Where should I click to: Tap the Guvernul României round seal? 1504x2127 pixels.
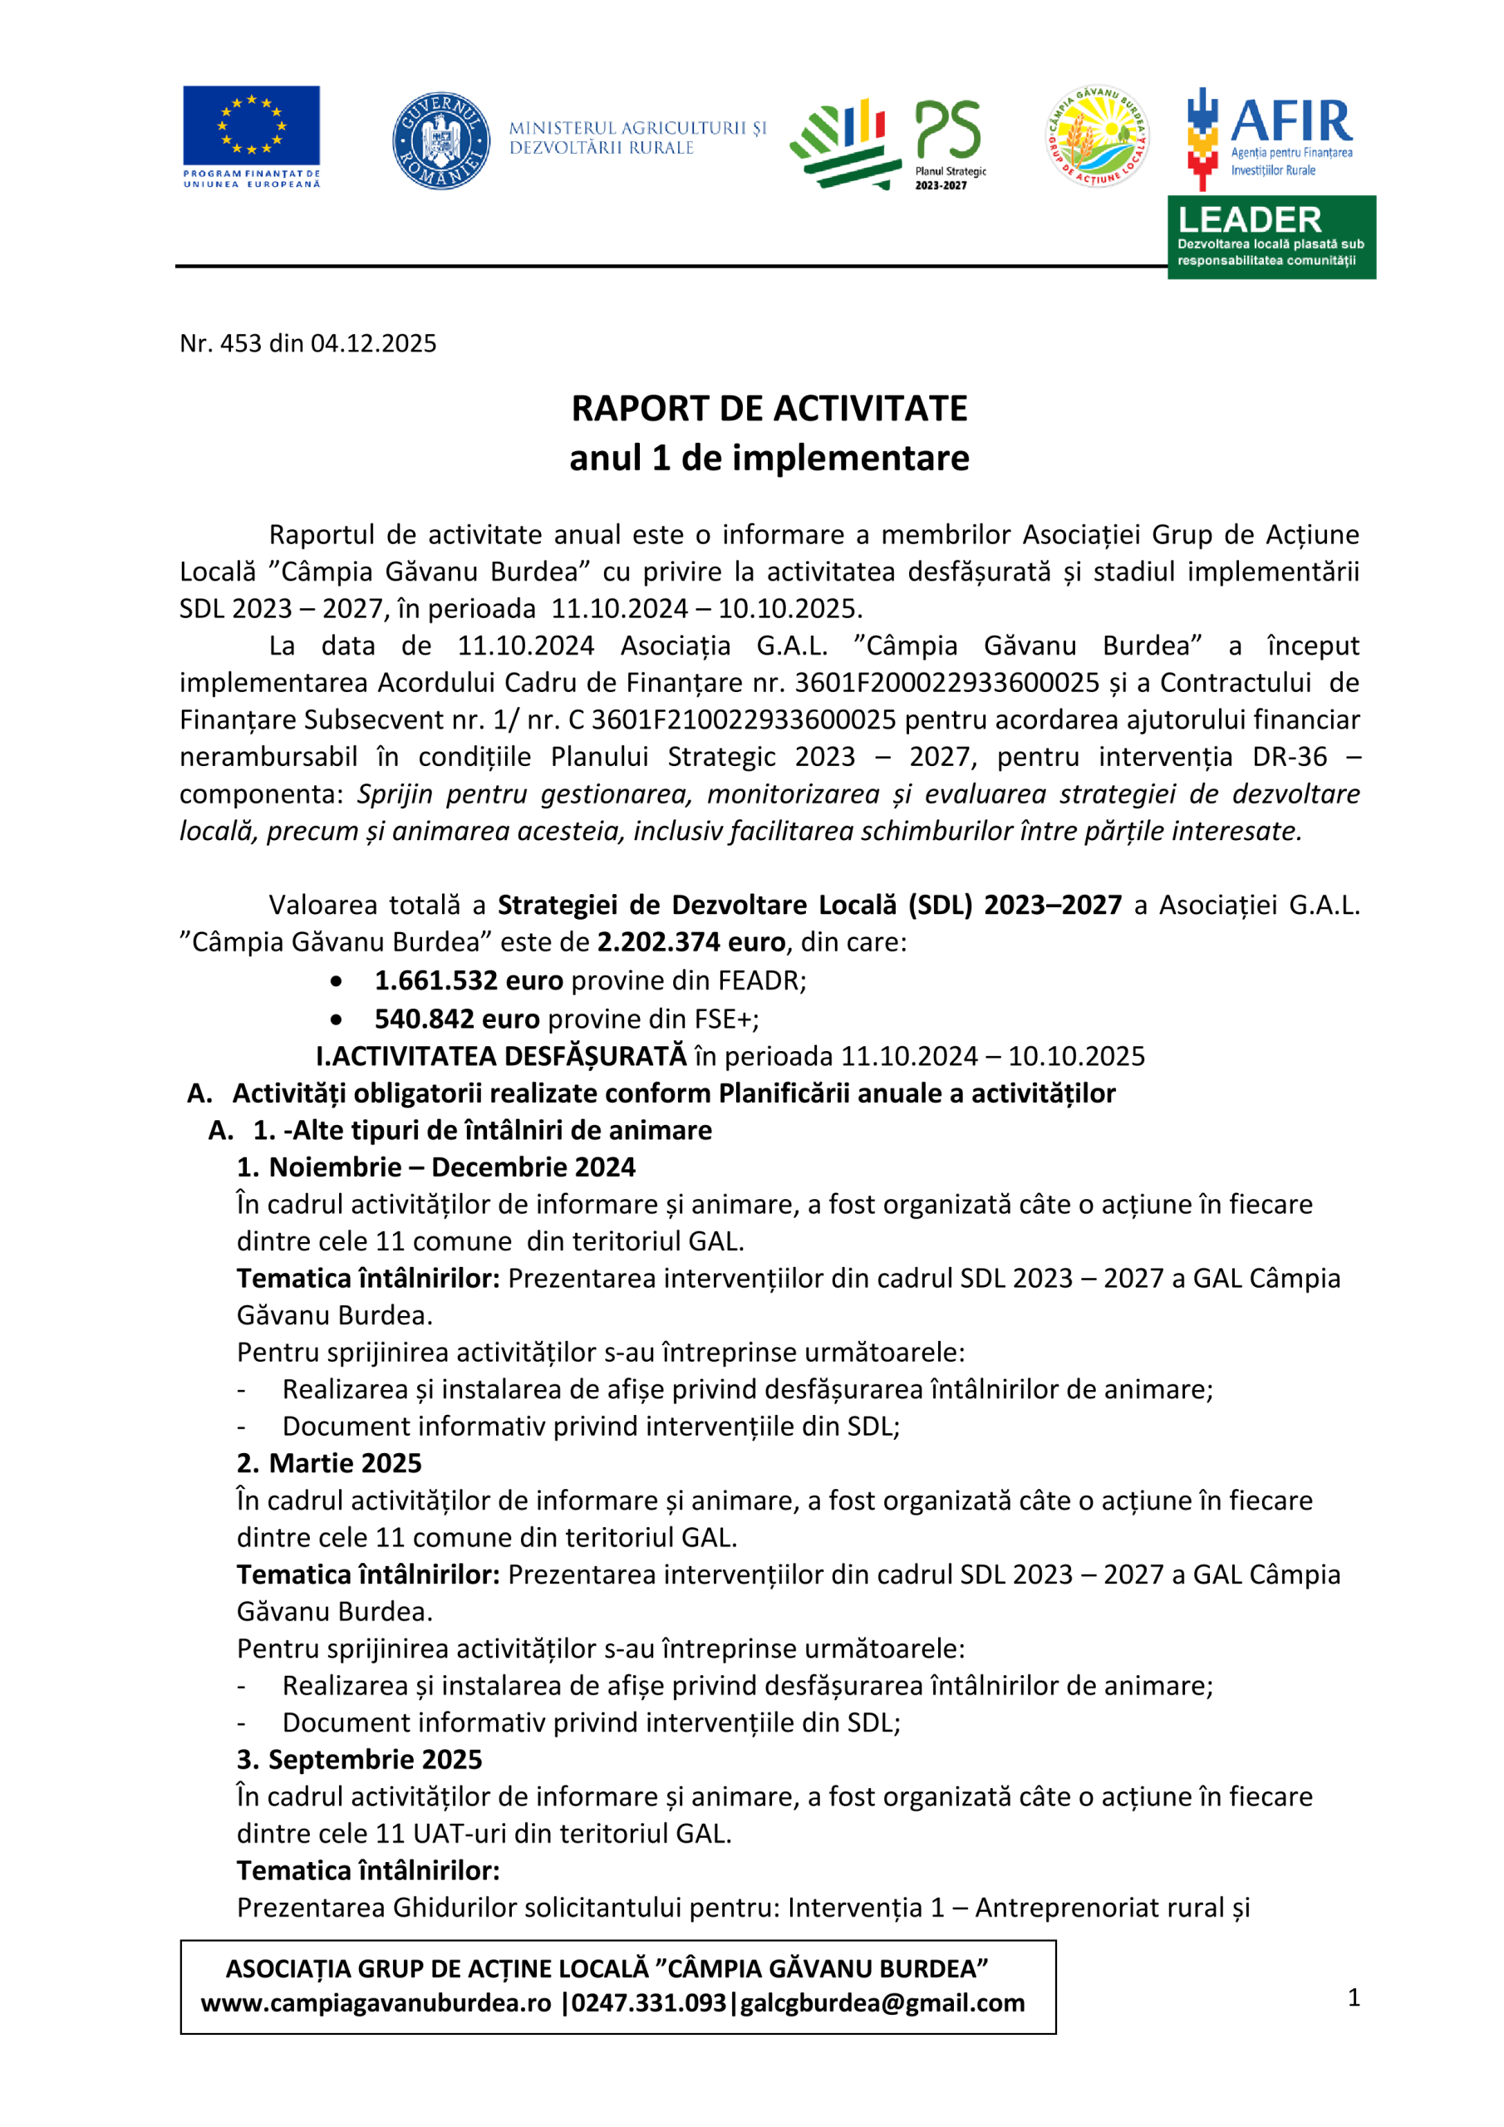point(441,140)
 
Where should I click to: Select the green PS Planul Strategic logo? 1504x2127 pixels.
point(887,144)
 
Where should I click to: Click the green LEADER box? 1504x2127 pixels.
point(1271,237)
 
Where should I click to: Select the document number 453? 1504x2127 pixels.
point(241,344)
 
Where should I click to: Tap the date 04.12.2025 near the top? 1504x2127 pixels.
point(372,344)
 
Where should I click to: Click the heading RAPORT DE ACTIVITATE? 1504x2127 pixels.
point(769,409)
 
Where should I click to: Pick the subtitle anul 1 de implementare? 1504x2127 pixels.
point(769,458)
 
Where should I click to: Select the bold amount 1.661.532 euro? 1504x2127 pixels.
point(469,980)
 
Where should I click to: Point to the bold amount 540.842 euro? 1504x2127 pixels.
point(457,1019)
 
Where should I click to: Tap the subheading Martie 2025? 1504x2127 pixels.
point(345,1463)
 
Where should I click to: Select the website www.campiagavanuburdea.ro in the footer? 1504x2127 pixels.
point(376,2003)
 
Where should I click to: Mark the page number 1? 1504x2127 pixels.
point(1354,1997)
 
